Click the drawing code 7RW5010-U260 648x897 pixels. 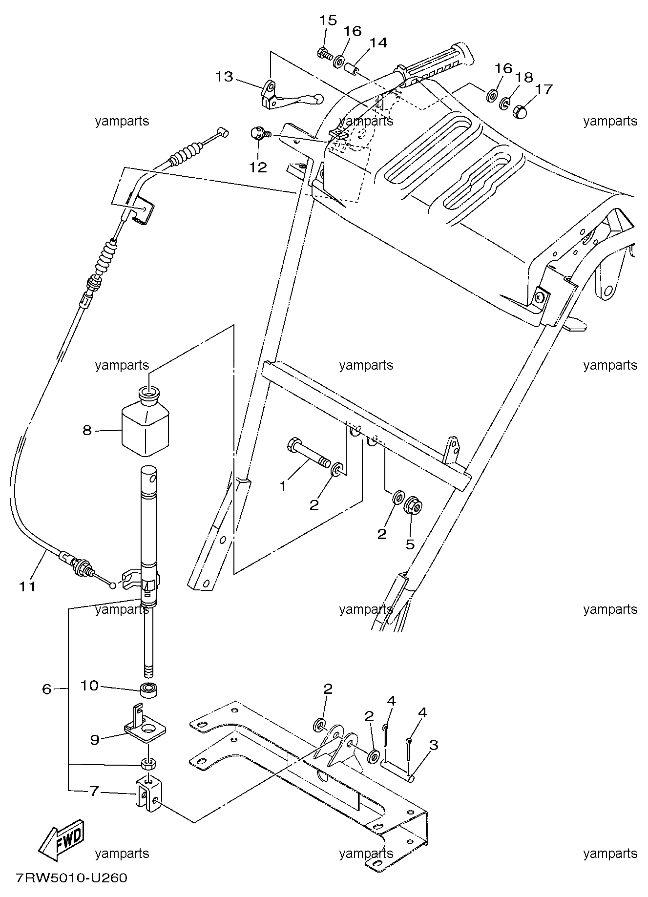(71, 878)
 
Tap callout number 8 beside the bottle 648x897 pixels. (87, 430)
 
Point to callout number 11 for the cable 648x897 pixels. (28, 585)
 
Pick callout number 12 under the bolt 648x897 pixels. (258, 167)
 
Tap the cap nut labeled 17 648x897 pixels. (523, 111)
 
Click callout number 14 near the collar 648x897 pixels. (378, 43)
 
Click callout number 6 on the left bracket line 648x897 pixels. (47, 689)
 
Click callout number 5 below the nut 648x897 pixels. (410, 543)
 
